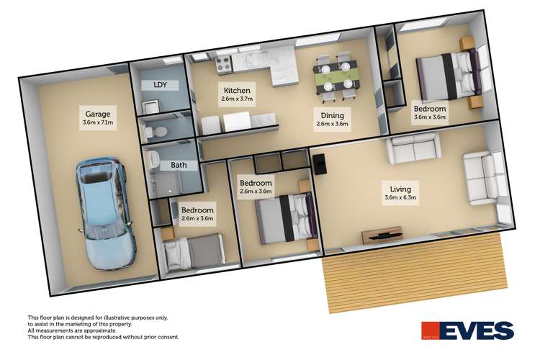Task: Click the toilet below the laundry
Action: [x=159, y=132]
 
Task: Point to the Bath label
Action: [x=179, y=165]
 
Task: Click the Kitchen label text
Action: [x=236, y=90]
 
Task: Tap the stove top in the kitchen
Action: [x=222, y=65]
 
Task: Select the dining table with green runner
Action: [x=337, y=72]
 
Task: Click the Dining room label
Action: [x=332, y=115]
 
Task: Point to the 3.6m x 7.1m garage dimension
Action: [x=98, y=123]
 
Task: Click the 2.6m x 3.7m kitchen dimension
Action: [x=237, y=99]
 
